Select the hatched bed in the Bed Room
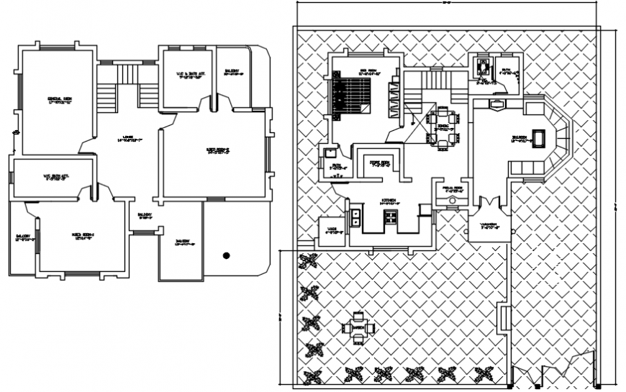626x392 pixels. coord(350,96)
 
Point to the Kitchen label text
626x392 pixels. coord(389,203)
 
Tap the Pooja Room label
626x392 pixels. coord(452,188)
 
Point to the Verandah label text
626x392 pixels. coord(489,224)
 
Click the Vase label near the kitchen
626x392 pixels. coord(332,230)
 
